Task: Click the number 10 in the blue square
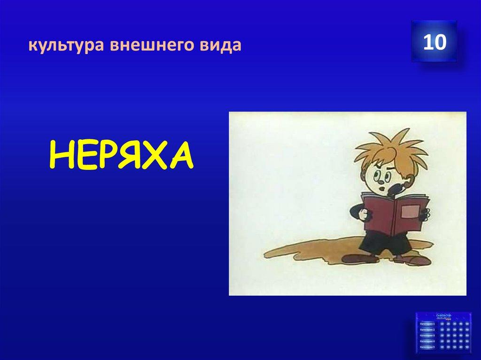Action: (434, 43)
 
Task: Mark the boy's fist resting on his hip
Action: (365, 213)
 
